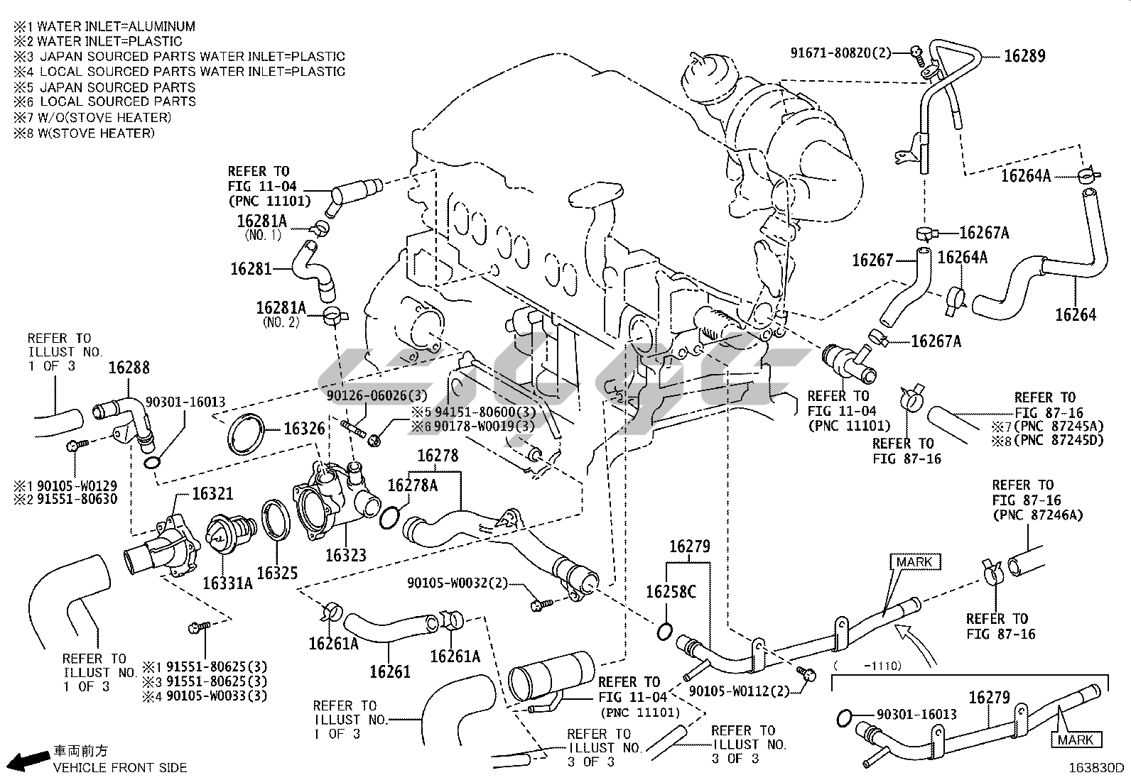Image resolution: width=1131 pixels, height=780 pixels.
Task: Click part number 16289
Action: (x=1024, y=56)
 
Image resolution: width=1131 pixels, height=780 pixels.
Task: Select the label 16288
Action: (x=129, y=368)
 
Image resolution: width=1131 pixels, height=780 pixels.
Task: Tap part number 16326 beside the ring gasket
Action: (x=304, y=429)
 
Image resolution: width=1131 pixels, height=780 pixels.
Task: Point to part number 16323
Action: (x=346, y=554)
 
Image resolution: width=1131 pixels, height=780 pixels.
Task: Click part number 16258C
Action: (x=671, y=591)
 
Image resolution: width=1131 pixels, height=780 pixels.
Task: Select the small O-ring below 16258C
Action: (x=666, y=631)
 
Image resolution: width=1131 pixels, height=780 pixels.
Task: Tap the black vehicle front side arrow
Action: (x=28, y=761)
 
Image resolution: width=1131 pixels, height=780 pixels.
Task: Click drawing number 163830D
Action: (x=1098, y=768)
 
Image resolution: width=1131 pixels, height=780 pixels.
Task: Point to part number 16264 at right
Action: (x=1076, y=314)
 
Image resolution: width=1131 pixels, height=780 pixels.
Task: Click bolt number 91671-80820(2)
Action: (x=840, y=53)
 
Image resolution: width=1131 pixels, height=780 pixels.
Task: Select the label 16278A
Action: (x=412, y=485)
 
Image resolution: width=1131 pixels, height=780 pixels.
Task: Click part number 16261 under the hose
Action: (x=389, y=670)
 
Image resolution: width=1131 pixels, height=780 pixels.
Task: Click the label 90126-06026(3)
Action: (x=377, y=395)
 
